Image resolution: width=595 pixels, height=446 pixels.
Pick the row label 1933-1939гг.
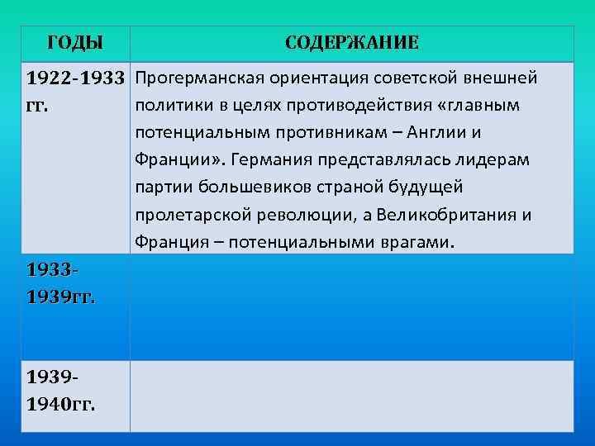click(60, 283)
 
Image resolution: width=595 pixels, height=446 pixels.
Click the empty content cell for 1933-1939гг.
click(351, 306)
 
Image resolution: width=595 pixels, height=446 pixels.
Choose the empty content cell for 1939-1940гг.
click(351, 396)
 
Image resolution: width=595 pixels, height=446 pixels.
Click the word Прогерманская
click(188, 78)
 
